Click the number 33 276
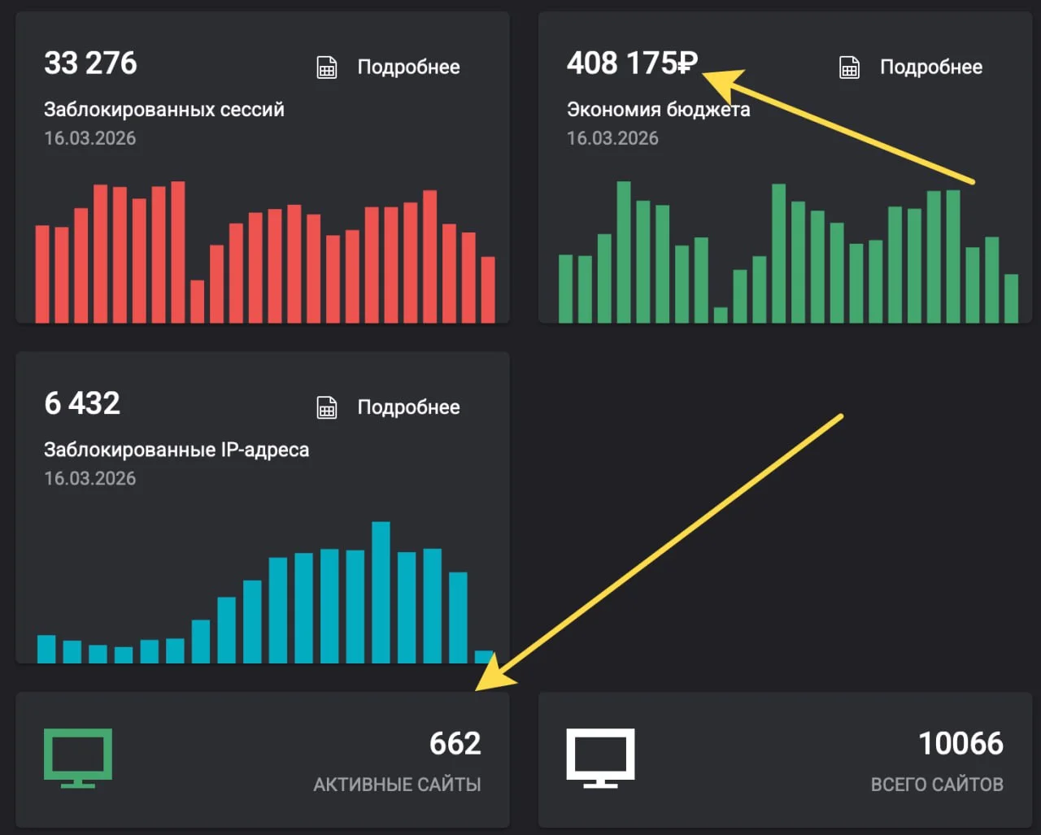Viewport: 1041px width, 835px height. coord(90,63)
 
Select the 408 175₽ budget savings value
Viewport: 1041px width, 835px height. coord(632,63)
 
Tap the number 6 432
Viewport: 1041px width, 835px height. coord(82,403)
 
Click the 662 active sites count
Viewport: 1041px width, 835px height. coord(455,743)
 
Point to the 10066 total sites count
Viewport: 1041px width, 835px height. coord(960,743)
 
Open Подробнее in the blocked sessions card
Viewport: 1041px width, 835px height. coord(408,67)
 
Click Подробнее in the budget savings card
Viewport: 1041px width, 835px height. coord(931,67)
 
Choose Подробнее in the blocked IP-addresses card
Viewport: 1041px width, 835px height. coord(408,407)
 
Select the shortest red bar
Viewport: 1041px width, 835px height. coord(198,301)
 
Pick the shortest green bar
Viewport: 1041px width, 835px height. coord(721,315)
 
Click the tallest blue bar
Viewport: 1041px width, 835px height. coord(381,592)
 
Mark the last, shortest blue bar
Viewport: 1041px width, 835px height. coord(484,657)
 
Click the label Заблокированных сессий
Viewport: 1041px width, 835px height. coord(164,110)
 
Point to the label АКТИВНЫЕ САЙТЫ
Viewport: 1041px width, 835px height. coord(397,785)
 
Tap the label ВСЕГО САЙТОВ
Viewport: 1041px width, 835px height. coord(937,785)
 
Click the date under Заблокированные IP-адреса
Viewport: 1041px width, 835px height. coord(90,478)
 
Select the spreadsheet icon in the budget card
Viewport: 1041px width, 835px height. coord(849,67)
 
